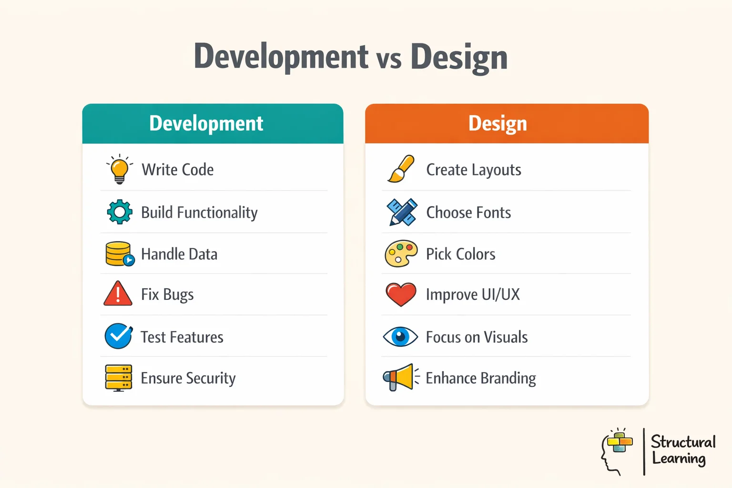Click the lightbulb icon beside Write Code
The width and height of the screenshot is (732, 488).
point(119,169)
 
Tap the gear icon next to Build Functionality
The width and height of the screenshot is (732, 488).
point(120,212)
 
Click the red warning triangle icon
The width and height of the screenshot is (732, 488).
point(118,294)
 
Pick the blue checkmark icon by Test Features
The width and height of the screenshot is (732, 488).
point(118,336)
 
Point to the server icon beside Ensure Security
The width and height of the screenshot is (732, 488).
point(118,378)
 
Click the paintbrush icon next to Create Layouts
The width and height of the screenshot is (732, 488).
point(401,169)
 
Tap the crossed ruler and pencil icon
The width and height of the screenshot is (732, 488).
point(402,212)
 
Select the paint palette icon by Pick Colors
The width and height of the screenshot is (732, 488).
point(401,254)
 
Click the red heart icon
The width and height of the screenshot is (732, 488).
point(401,294)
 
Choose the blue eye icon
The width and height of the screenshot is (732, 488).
point(400,336)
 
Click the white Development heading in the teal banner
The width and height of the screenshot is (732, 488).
point(206,123)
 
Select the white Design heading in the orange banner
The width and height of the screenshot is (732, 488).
point(498,123)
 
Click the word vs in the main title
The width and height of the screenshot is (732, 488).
point(389,59)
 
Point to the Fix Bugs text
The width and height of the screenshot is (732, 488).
point(167,295)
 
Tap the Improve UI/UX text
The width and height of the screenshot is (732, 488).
point(473,295)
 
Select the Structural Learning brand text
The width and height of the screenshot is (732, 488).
point(682,450)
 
